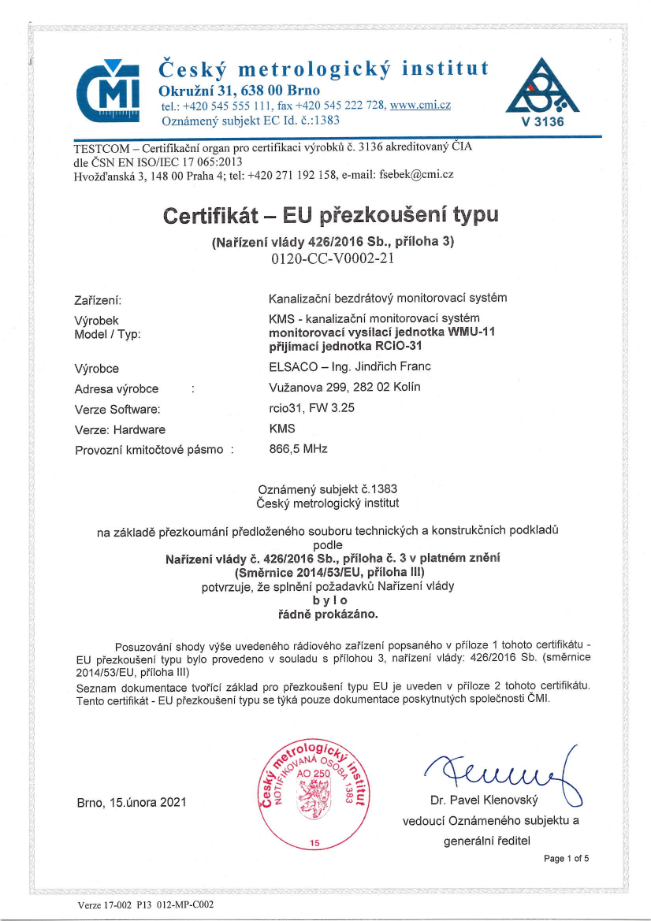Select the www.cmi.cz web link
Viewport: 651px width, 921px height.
420,106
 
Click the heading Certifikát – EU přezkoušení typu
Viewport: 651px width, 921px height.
331,215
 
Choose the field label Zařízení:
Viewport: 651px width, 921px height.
97,299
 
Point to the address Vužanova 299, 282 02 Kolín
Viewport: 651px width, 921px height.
344,387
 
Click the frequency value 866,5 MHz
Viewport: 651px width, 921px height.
298,449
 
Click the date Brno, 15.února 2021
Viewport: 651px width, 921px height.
132,802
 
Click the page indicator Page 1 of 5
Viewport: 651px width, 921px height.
566,858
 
